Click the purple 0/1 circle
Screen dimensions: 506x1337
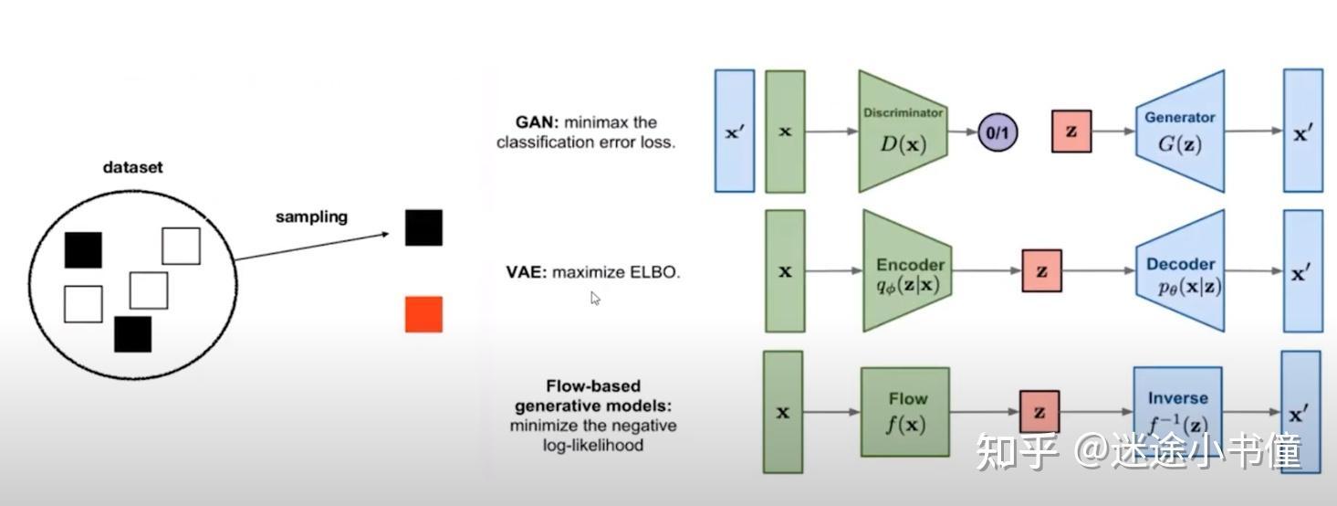click(998, 132)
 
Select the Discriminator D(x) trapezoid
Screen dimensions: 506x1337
click(903, 132)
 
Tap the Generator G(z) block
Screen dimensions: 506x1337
click(1180, 132)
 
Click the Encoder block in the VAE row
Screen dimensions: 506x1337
click(908, 271)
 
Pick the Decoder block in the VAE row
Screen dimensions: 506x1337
click(1181, 271)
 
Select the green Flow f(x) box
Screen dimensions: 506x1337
click(905, 412)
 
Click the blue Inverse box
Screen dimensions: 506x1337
click(1177, 412)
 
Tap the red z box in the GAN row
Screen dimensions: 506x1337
click(1071, 132)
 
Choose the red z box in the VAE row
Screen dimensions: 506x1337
click(1041, 272)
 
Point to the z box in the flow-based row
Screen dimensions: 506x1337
click(1039, 412)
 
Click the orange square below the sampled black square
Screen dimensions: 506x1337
click(423, 314)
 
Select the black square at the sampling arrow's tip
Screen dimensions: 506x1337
click(423, 227)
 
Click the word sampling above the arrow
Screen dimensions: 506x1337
click(311, 217)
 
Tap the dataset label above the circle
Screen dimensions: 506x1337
click(132, 167)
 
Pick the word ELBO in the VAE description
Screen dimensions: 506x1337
click(653, 272)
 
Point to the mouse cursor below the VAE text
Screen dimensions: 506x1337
click(595, 298)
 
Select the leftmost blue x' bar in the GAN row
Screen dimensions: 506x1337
click(734, 131)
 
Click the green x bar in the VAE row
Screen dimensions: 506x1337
click(785, 271)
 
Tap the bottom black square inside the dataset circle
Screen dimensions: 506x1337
click(132, 334)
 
